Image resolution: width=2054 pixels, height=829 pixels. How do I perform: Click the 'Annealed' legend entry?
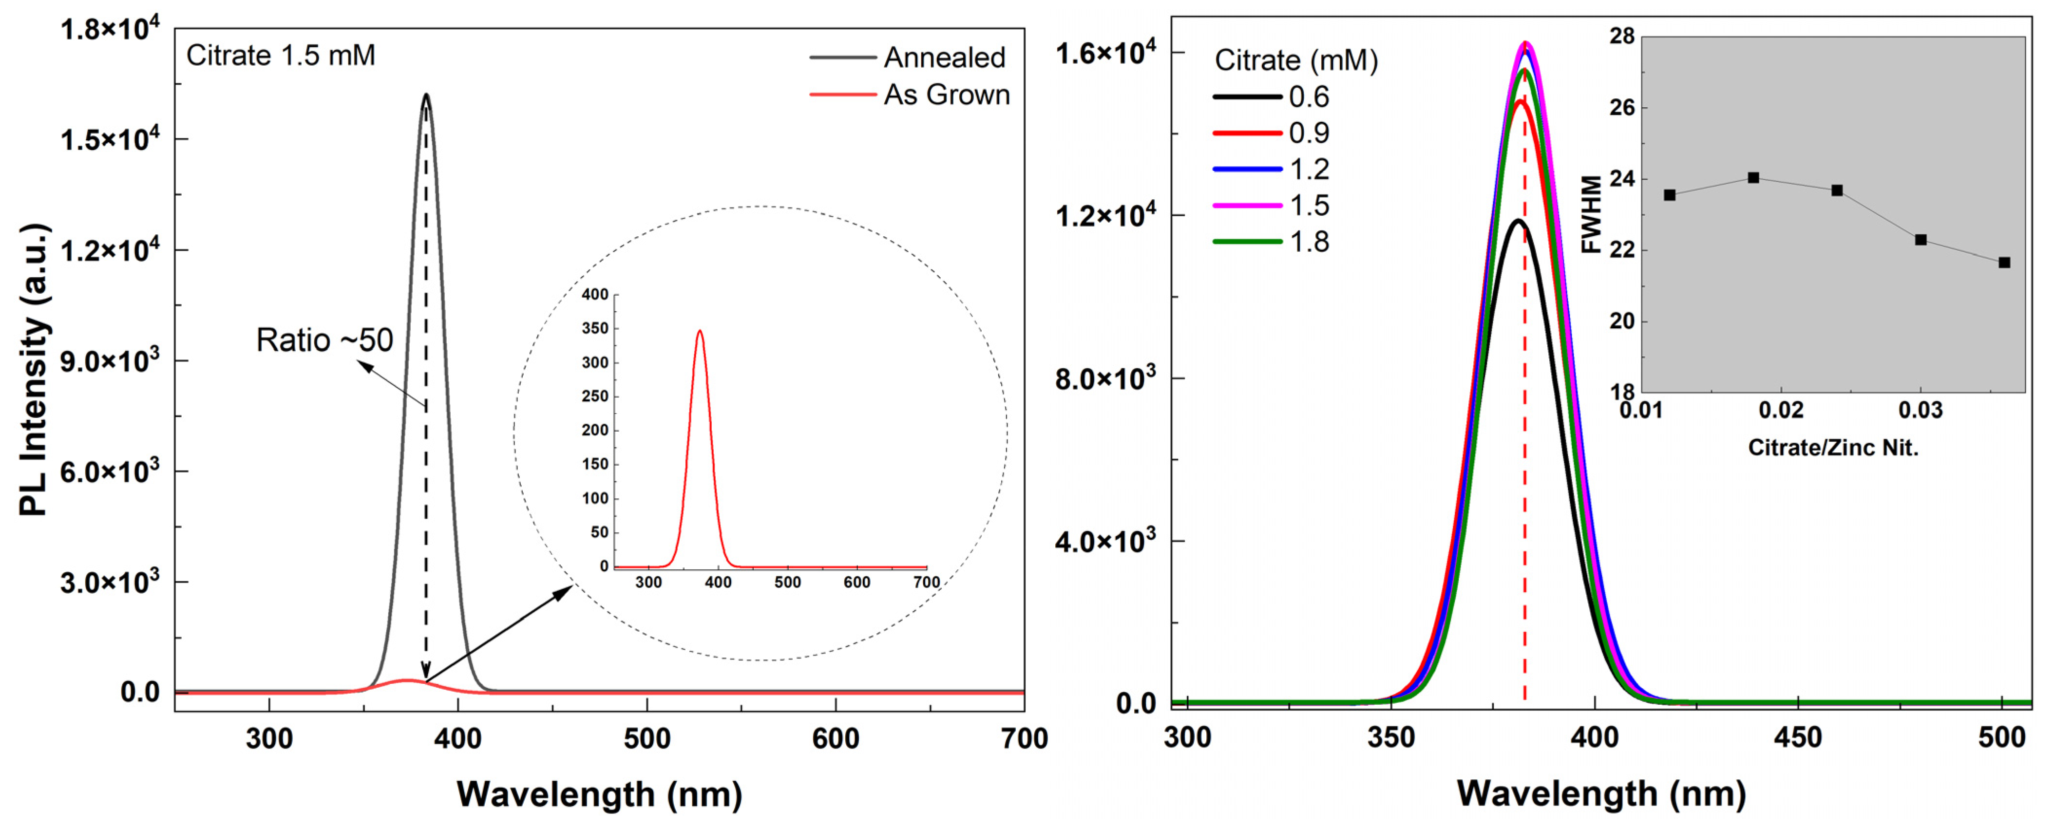pyautogui.click(x=944, y=57)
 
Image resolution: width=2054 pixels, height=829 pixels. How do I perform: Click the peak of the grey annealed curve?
pyautogui.click(x=426, y=95)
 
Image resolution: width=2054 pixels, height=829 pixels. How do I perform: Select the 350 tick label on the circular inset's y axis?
pyautogui.click(x=595, y=328)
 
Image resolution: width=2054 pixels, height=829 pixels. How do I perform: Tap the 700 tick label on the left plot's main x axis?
pyautogui.click(x=1024, y=739)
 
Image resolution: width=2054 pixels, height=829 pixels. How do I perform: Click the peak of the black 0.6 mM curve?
pyautogui.click(x=1518, y=221)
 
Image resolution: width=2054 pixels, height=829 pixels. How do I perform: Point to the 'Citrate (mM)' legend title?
pyautogui.click(x=1296, y=60)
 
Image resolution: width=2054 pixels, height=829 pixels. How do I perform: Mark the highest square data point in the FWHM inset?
pyautogui.click(x=1753, y=178)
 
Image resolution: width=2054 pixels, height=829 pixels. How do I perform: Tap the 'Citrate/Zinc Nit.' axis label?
pyautogui.click(x=1832, y=448)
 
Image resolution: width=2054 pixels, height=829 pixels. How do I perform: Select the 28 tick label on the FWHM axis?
pyautogui.click(x=1622, y=36)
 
